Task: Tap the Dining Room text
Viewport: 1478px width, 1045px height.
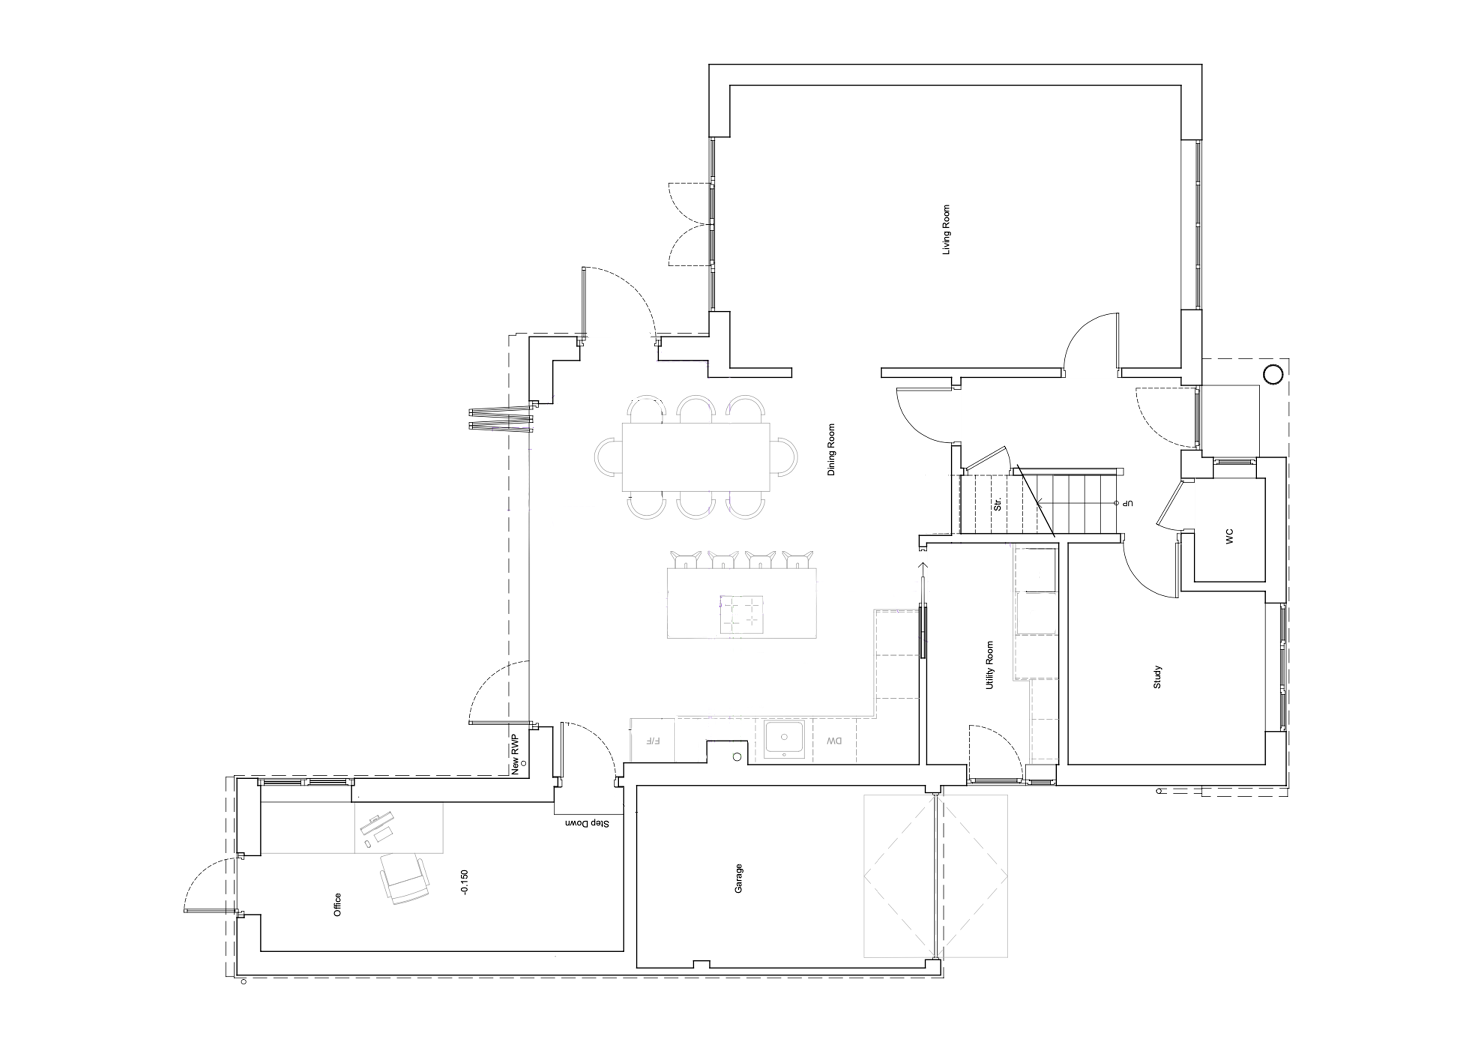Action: tap(831, 450)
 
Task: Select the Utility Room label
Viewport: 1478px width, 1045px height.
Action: tap(990, 665)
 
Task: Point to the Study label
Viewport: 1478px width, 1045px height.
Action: tap(1157, 677)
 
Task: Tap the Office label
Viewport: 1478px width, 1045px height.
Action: tap(337, 905)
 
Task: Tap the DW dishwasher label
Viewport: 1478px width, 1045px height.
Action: tap(834, 741)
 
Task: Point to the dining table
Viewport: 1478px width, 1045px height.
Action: tap(696, 456)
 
